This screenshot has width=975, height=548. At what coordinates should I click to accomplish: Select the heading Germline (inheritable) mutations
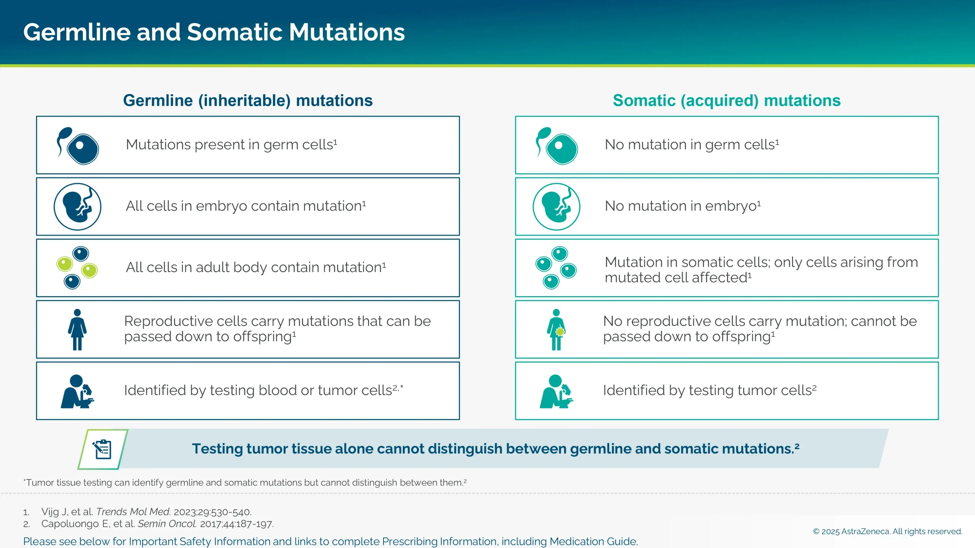coord(248,100)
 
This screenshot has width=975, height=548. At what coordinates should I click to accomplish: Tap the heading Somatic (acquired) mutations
coord(726,100)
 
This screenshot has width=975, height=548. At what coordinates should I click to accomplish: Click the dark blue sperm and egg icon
coord(78,146)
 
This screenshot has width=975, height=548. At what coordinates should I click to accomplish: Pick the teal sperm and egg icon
coord(556,146)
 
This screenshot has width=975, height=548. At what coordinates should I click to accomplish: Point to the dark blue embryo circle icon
coord(77,207)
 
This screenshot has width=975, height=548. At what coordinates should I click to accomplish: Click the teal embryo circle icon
coord(556,207)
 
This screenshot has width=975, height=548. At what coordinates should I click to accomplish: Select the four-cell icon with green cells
coord(77,268)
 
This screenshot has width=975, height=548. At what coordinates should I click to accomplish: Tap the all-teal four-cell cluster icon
coord(556,268)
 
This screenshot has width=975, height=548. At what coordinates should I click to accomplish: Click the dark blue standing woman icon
coord(77,330)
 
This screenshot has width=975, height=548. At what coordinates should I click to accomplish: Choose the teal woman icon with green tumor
coord(556,330)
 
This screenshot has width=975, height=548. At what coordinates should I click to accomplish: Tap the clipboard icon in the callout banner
coord(102,449)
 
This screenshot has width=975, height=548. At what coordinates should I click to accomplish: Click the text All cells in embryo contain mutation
coord(246,206)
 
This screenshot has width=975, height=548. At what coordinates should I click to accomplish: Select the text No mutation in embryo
coord(682,206)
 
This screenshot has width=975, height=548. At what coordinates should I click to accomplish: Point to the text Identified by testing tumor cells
coord(709,390)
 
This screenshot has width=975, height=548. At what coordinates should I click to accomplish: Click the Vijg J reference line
coord(146,512)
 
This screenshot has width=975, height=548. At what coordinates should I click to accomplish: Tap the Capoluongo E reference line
coord(157,524)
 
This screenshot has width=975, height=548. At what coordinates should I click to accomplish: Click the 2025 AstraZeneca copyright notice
coord(887,531)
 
